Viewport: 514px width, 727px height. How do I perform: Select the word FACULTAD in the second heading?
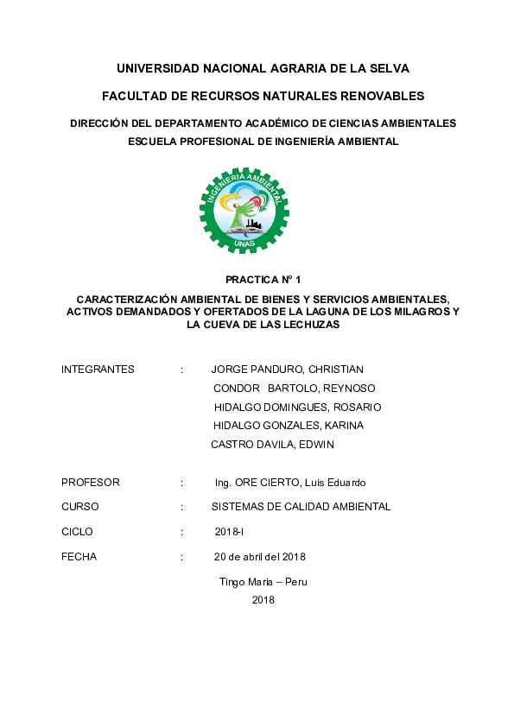[x=133, y=95]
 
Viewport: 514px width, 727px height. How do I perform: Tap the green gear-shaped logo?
[x=244, y=211]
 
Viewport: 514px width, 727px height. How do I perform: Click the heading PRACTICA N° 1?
[x=263, y=281]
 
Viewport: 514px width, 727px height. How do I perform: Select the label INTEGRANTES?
[x=98, y=370]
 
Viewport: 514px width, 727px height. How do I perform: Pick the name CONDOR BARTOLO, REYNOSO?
[x=294, y=389]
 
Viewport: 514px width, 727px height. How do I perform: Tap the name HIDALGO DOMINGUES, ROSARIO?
[x=297, y=407]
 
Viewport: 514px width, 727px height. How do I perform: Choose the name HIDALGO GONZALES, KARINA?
[x=288, y=426]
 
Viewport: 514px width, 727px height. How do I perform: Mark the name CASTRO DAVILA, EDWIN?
[x=272, y=445]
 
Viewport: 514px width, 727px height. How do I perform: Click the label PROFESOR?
[x=91, y=483]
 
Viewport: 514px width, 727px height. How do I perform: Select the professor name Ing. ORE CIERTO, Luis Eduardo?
[x=290, y=483]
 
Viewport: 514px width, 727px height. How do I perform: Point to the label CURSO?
[x=80, y=507]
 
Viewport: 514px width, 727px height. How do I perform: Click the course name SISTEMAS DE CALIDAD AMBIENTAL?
[x=301, y=507]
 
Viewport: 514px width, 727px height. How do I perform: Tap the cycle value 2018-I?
[x=231, y=532]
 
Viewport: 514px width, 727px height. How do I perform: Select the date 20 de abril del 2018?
[x=260, y=556]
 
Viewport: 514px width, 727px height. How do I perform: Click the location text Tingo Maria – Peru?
[x=263, y=582]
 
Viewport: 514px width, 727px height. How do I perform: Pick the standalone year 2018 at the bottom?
[x=263, y=600]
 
